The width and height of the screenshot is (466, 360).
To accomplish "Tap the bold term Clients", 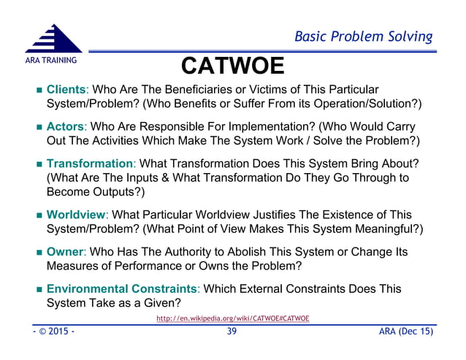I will click(66, 89).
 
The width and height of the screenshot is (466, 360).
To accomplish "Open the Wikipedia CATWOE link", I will click(233, 319).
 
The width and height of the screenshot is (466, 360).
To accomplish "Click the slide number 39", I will click(232, 332).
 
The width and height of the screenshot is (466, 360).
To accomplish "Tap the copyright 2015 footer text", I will click(45, 332).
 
